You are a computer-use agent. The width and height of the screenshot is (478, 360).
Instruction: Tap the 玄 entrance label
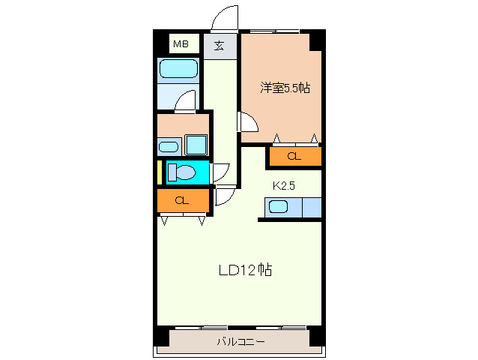[219, 45]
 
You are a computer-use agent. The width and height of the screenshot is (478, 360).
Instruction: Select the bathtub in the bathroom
[178, 70]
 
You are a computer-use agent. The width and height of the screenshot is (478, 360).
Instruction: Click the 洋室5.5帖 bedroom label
[285, 88]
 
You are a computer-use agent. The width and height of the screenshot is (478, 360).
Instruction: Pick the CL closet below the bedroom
[294, 157]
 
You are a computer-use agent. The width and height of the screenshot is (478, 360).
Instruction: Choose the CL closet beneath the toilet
[181, 201]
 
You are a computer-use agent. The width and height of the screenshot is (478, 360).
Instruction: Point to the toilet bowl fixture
[181, 172]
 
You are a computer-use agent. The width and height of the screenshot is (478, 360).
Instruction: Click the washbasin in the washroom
[169, 146]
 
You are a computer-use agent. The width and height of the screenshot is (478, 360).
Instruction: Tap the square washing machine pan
[196, 144]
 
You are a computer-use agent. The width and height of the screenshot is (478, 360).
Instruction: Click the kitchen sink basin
[279, 208]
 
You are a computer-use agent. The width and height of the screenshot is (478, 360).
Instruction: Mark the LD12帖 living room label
[245, 270]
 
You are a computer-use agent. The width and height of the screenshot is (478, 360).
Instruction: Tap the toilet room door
[220, 172]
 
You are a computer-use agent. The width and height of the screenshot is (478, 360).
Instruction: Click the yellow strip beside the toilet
[160, 172]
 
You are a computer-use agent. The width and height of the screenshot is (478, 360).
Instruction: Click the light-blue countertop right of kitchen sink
[311, 208]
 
